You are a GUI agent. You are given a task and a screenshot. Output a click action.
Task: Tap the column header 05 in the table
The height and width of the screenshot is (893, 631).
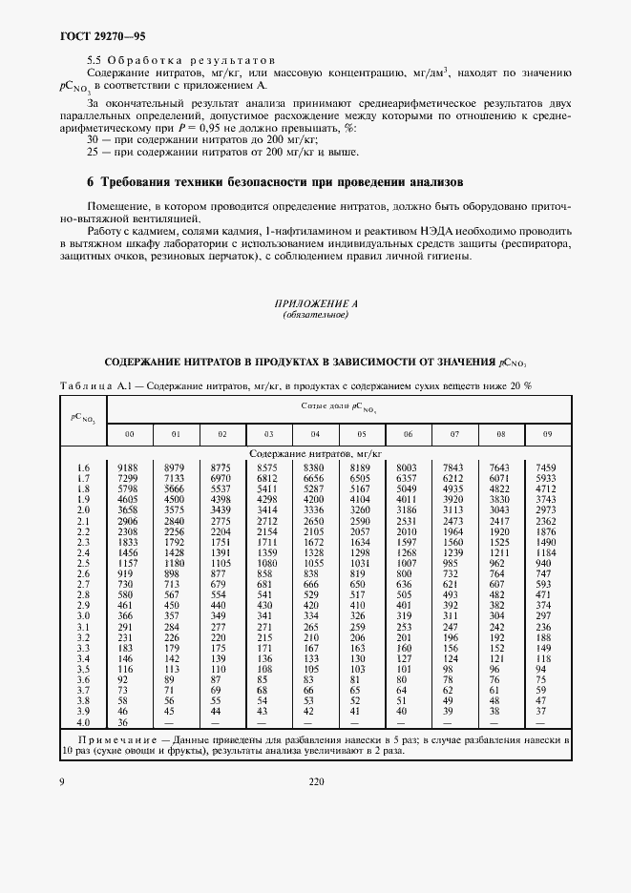pyautogui.click(x=360, y=435)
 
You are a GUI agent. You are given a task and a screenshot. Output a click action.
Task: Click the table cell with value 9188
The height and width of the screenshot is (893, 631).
pyautogui.click(x=129, y=467)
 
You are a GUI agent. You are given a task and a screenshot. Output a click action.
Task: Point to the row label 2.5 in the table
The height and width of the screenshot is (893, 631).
pyautogui.click(x=82, y=563)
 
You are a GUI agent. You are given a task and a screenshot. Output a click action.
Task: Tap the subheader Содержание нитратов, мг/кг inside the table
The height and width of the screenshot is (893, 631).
pyautogui.click(x=315, y=455)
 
